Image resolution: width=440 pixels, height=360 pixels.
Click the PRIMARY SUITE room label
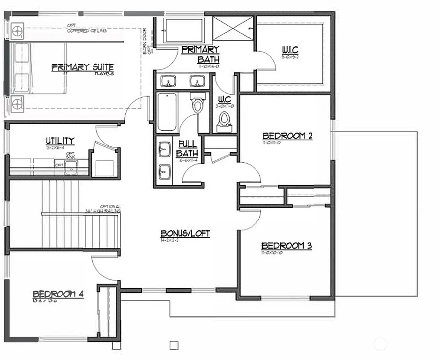(82, 67)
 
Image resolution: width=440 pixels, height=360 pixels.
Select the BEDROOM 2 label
(287, 136)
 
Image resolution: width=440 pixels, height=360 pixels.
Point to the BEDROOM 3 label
(286, 246)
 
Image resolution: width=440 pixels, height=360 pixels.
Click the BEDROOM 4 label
(58, 294)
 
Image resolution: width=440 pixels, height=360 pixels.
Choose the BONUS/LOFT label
(185, 233)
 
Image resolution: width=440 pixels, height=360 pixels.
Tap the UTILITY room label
(60, 141)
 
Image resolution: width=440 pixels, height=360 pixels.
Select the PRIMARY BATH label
(201, 54)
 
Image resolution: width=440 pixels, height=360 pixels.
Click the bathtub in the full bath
(167, 112)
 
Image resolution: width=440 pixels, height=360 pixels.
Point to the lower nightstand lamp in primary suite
(17, 104)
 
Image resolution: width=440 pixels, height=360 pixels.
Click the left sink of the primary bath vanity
(167, 82)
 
